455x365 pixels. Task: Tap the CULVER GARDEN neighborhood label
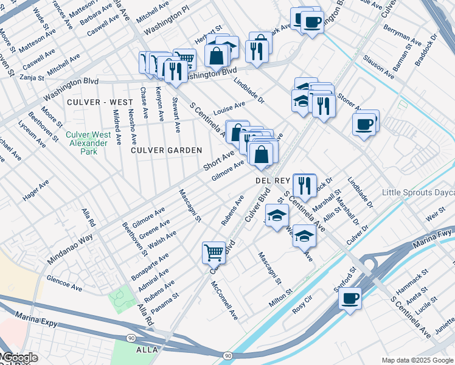[166, 150]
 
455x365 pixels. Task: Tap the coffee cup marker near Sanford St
[350, 299]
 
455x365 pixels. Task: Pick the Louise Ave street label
[229, 108]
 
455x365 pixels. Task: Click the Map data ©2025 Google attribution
[417, 360]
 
